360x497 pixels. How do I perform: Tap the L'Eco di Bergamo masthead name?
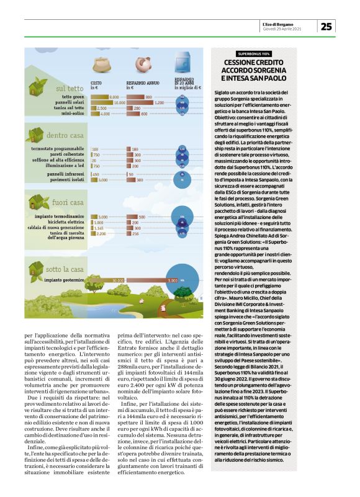point(290,23)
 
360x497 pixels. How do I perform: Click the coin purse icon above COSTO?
point(101,65)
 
